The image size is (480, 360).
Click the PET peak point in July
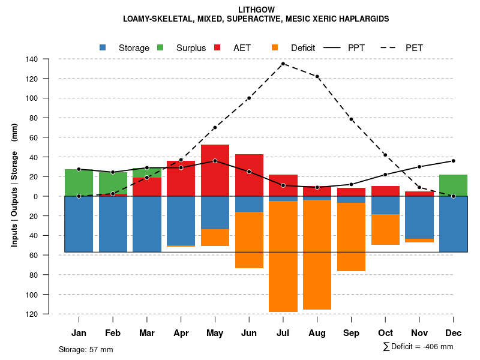click(283, 64)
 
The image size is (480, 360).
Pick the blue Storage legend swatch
click(103, 47)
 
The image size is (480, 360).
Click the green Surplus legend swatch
click(161, 47)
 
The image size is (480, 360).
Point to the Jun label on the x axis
click(249, 333)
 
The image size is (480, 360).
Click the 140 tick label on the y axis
click(32, 59)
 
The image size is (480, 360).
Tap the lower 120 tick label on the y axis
click(32, 314)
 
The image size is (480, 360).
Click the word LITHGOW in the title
click(256, 10)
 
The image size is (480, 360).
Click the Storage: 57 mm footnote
click(86, 349)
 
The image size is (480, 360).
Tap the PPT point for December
click(454, 161)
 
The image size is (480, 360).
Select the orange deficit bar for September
click(352, 237)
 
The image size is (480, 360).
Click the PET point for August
click(317, 76)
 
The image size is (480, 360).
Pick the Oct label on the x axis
click(386, 333)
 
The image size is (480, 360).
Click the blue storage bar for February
click(113, 224)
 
